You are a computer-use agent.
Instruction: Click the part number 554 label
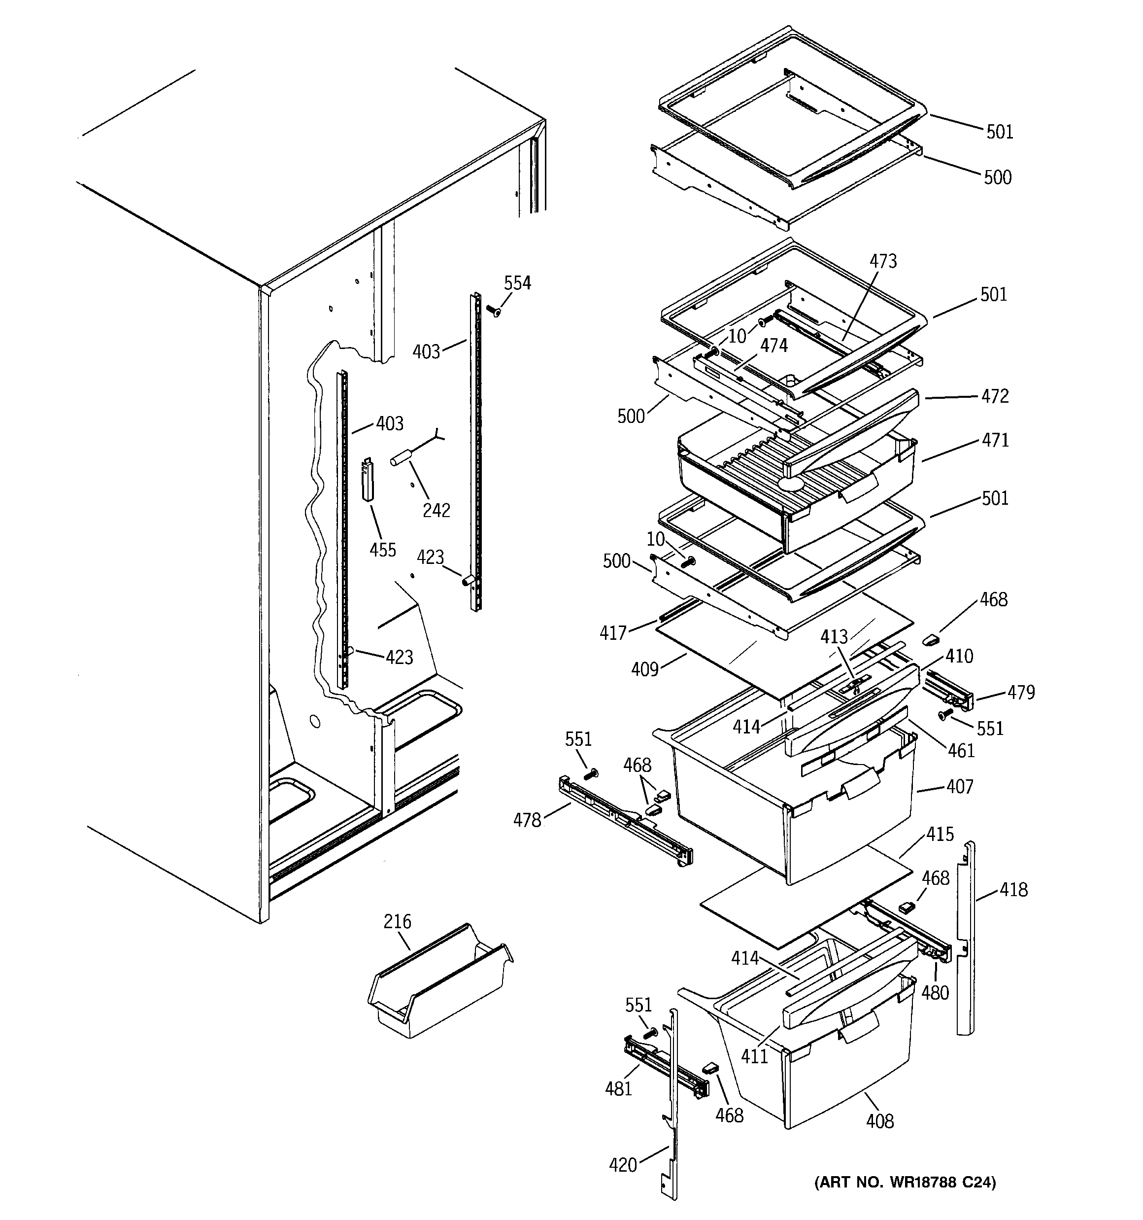coord(517,283)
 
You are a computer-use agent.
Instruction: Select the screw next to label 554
coord(493,311)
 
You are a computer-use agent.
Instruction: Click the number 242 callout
coord(436,510)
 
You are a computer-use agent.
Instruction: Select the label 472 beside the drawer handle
coord(995,396)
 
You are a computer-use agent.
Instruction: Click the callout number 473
coord(883,261)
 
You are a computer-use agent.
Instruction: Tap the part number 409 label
coord(645,669)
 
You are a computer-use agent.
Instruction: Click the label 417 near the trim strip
coord(613,633)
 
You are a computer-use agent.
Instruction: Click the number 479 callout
coord(1021,692)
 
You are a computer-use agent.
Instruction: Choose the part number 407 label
coord(960,787)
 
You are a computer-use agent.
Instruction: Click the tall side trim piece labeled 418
coord(966,945)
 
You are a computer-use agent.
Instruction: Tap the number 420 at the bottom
coord(623,1165)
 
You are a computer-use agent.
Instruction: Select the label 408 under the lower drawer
coord(880,1121)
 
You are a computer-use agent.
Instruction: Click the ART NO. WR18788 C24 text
coord(905,1182)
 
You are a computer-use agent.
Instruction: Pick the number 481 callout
coord(618,1089)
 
